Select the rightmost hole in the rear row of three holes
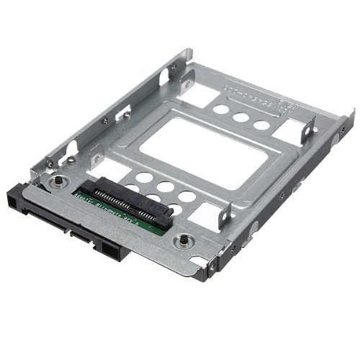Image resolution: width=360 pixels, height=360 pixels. tap(261, 125)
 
